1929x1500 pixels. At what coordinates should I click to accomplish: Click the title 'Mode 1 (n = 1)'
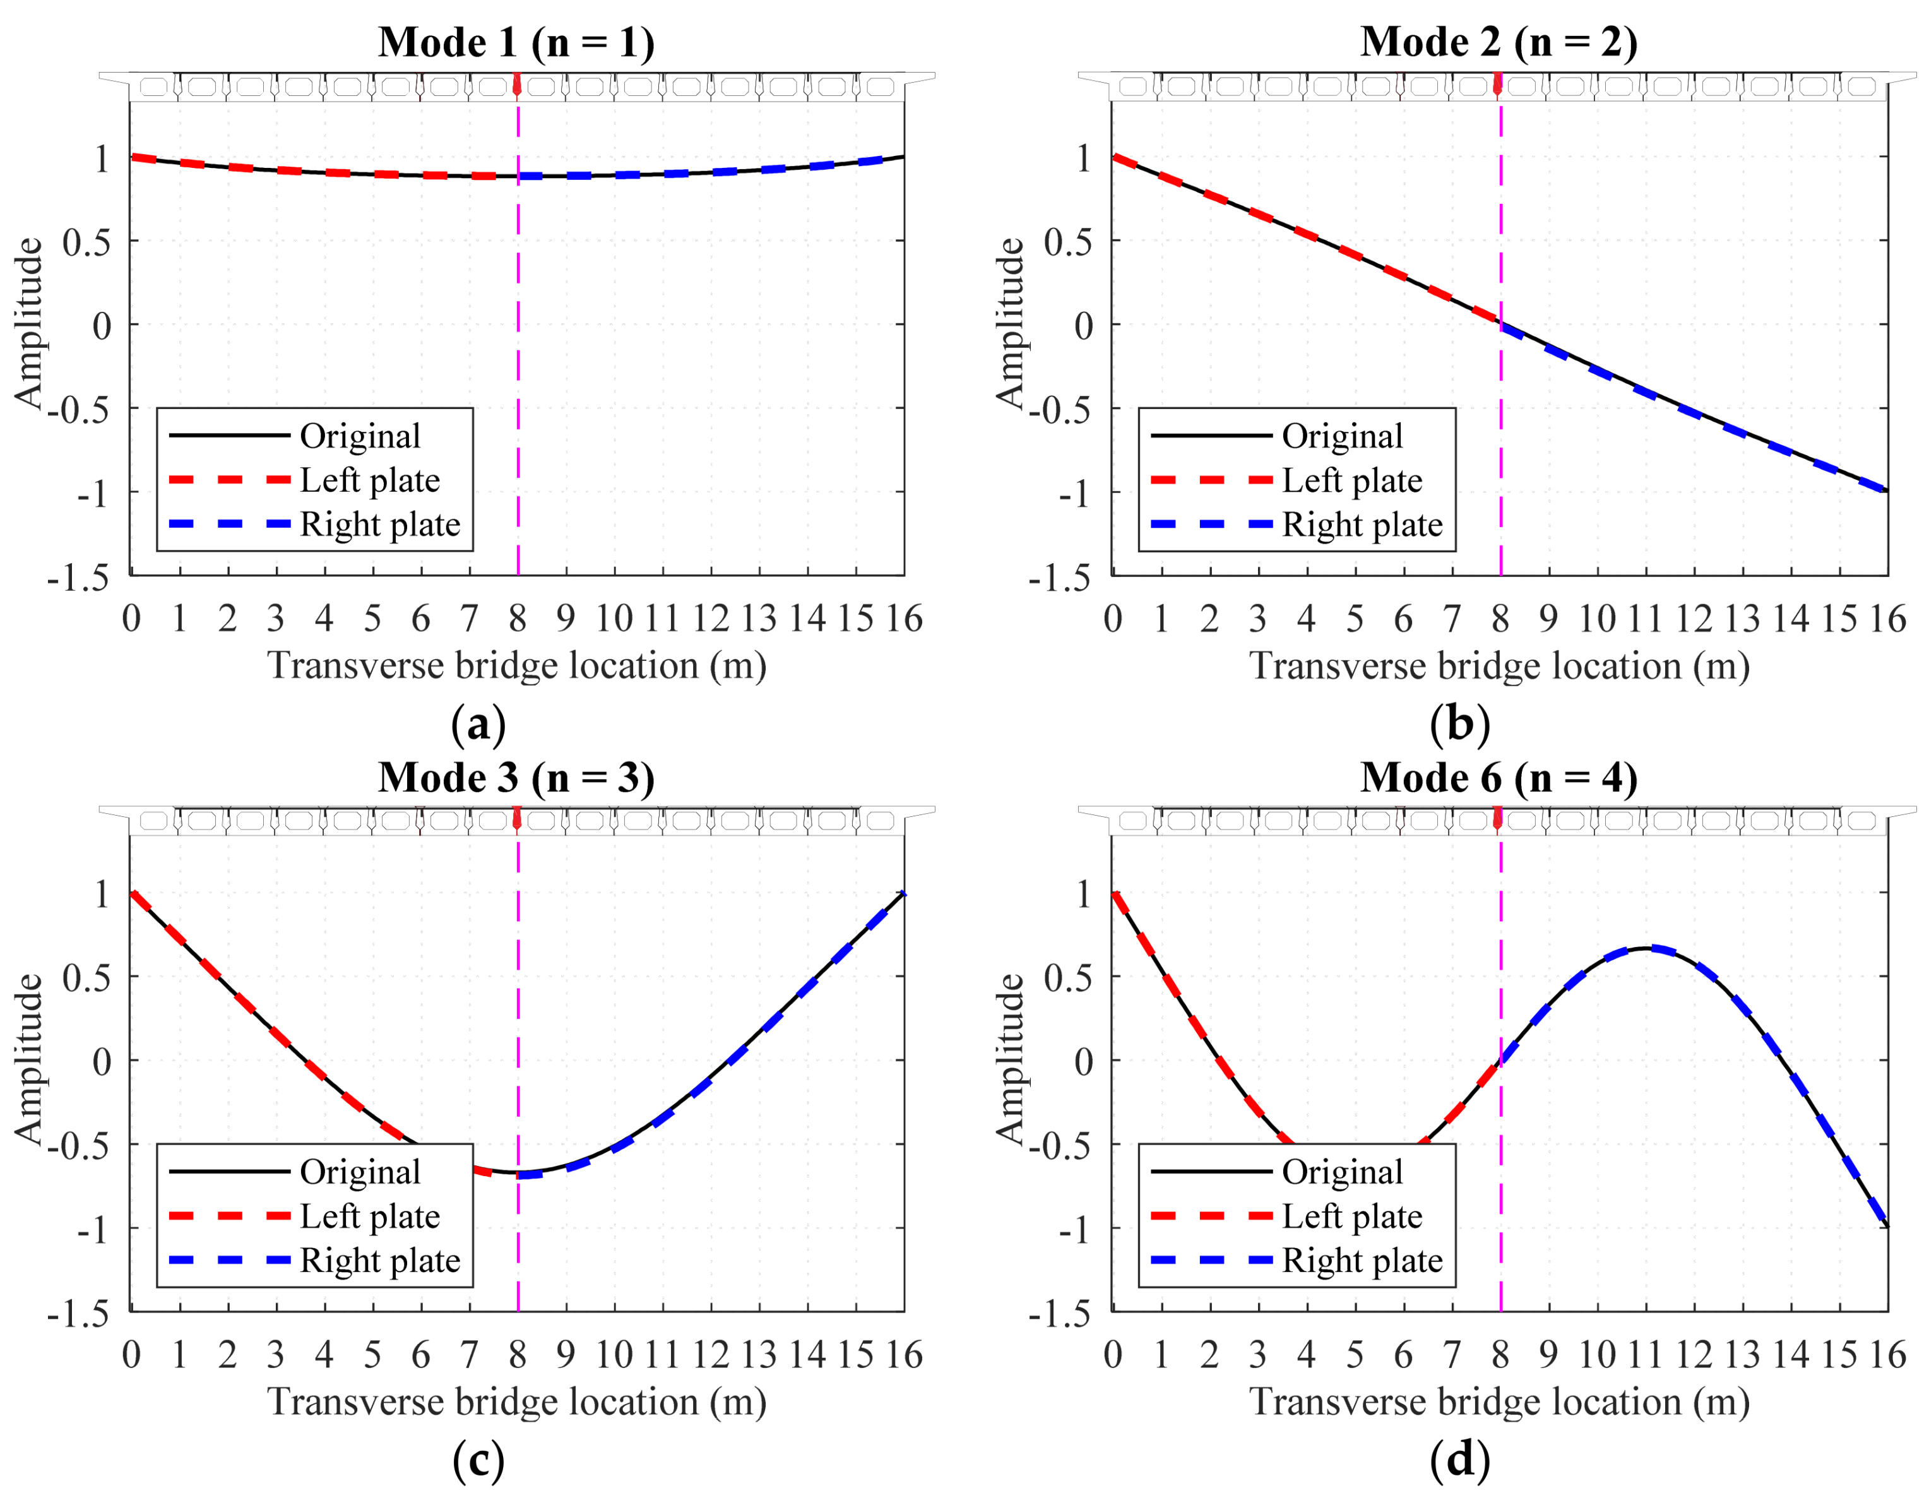pyautogui.click(x=517, y=42)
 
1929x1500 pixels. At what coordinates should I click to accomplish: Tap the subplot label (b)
pyautogui.click(x=1459, y=723)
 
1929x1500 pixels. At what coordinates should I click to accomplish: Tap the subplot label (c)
pyautogui.click(x=478, y=1460)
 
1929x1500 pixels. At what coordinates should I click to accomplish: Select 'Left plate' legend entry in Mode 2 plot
pyautogui.click(x=1351, y=480)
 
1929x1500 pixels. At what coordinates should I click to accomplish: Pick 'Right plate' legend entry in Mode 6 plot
pyautogui.click(x=1361, y=1261)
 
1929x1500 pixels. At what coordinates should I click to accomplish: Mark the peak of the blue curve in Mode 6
pyautogui.click(x=1648, y=949)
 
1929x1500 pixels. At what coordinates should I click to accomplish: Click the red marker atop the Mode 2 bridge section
pyautogui.click(x=1498, y=85)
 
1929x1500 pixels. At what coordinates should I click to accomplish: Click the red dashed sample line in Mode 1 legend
pyautogui.click(x=230, y=480)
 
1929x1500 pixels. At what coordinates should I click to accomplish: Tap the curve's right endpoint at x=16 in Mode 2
pyautogui.click(x=1887, y=491)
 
